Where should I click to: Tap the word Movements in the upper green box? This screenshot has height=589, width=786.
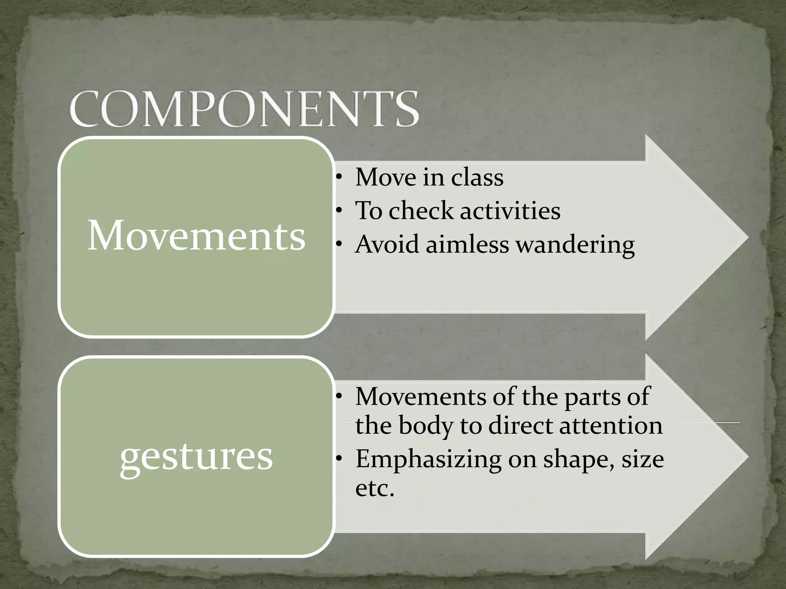[196, 236]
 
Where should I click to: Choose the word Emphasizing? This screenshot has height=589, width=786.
[428, 459]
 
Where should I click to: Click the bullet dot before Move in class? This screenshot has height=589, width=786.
[338, 178]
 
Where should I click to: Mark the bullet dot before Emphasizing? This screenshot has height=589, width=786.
[338, 459]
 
